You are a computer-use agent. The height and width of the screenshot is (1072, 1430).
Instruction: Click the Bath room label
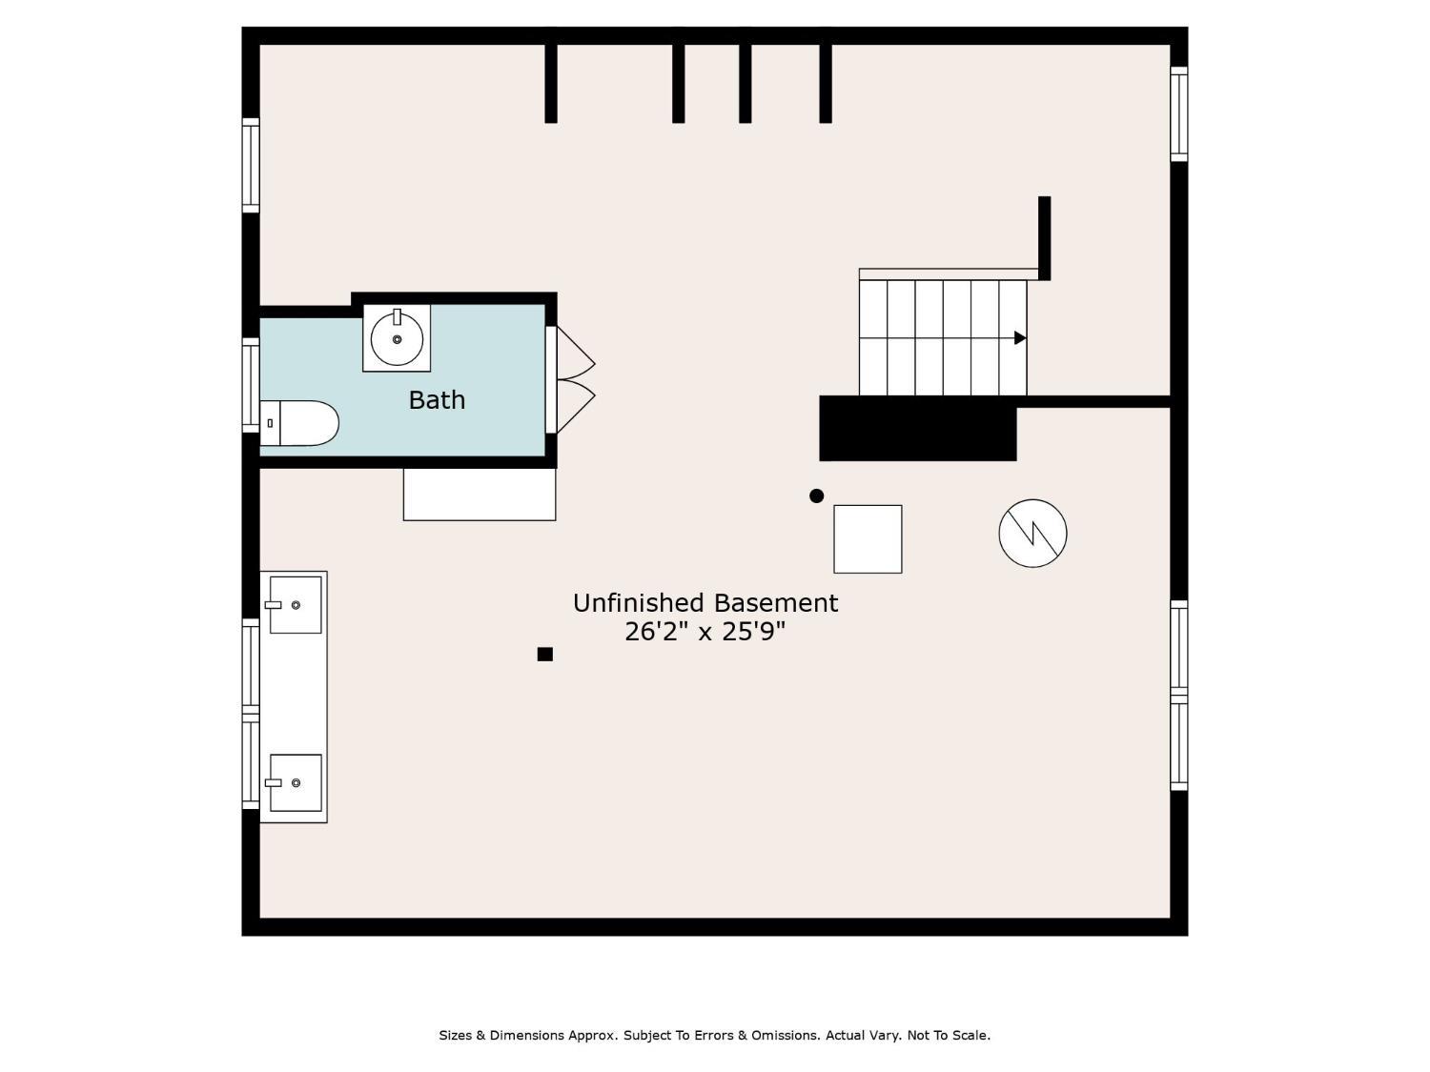(437, 399)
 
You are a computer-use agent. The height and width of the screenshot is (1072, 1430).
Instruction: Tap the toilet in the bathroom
(299, 423)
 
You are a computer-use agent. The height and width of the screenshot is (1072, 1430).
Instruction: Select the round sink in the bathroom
(397, 338)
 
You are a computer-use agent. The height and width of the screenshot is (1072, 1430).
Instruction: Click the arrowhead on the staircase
(1020, 338)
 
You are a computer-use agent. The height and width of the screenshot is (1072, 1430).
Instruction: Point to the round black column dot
(816, 496)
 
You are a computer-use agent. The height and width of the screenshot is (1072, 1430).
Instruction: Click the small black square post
(545, 654)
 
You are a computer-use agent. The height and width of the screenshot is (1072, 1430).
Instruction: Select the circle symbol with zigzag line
(1032, 533)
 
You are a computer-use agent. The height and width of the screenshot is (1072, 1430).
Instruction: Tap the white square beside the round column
(868, 539)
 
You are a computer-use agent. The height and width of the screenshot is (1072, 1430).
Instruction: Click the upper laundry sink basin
(296, 605)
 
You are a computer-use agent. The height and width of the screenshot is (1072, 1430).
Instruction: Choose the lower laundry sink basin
(296, 782)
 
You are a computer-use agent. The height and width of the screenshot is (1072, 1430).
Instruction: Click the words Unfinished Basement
(705, 603)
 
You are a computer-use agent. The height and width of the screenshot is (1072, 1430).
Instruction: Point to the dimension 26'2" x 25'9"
(705, 632)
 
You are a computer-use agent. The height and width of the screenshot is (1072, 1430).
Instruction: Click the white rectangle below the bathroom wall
(480, 494)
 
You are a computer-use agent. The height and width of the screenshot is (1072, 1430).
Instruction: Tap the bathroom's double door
(569, 379)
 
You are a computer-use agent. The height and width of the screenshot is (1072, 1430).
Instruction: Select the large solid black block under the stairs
(918, 428)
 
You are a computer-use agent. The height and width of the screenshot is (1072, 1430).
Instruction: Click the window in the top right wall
(1179, 114)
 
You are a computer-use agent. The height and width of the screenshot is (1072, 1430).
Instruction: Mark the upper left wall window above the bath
(251, 165)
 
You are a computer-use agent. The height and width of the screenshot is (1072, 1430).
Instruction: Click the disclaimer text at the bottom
(715, 1035)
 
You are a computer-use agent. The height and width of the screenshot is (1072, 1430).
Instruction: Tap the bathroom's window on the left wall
(251, 385)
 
